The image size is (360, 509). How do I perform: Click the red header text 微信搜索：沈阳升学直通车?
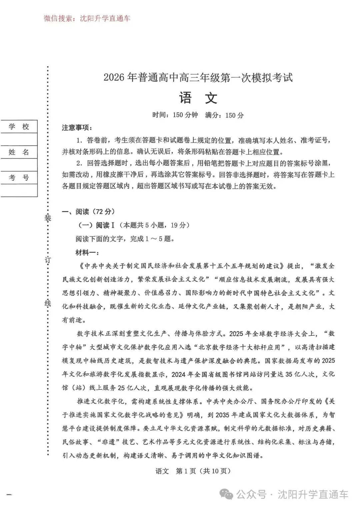pyautogui.click(x=87, y=19)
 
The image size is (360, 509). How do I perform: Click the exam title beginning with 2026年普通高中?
pyautogui.click(x=198, y=78)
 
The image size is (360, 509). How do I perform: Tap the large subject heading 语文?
pyautogui.click(x=198, y=98)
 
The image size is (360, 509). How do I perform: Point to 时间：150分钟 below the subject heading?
pyautogui.click(x=175, y=115)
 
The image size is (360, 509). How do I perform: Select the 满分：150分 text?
pyautogui.click(x=224, y=115)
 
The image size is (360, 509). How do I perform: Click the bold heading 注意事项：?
pyautogui.click(x=77, y=128)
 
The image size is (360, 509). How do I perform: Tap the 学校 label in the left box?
pyautogui.click(x=19, y=127)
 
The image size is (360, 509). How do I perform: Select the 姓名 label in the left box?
pyautogui.click(x=19, y=152)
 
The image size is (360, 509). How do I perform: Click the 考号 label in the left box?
pyautogui.click(x=19, y=178)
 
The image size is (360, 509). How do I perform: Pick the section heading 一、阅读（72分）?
pyautogui.click(x=88, y=212)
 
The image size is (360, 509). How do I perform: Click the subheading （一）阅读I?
pyautogui.click(x=96, y=225)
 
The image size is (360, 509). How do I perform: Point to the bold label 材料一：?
pyautogui.click(x=87, y=253)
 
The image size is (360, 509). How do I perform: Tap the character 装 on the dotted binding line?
pyautogui.click(x=48, y=218)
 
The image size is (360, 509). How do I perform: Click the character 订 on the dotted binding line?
pyautogui.click(x=48, y=260)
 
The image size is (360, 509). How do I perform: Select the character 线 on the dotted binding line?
pyautogui.click(x=48, y=303)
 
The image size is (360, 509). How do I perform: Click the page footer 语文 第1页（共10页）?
pyautogui.click(x=193, y=471)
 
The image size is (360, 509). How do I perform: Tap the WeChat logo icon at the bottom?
pyautogui.click(x=228, y=495)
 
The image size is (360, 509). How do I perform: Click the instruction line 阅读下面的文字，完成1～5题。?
pyautogui.click(x=125, y=239)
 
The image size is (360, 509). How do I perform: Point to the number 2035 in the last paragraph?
pyautogui.click(x=222, y=415)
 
